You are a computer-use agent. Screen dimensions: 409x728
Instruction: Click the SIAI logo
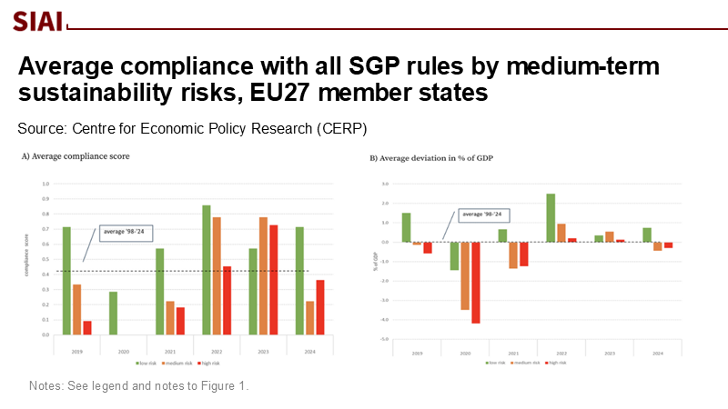(39, 20)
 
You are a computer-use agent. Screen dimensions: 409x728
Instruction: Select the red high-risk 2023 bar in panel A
(273, 279)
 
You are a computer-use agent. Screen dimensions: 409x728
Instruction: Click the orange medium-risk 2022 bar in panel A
(217, 275)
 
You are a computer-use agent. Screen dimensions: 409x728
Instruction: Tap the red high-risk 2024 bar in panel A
(319, 307)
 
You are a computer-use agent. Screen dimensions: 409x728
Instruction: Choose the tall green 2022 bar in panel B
(551, 217)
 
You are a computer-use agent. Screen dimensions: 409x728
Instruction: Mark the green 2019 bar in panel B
(406, 227)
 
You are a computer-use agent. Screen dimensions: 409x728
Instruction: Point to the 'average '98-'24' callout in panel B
(481, 214)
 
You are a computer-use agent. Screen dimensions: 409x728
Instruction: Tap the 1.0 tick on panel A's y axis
(45, 184)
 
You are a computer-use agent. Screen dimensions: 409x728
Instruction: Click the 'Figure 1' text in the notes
(227, 386)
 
